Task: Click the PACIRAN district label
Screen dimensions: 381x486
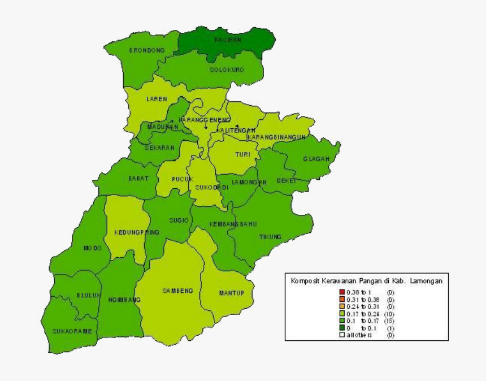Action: pos(228,41)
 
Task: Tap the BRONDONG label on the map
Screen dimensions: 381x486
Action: pos(147,50)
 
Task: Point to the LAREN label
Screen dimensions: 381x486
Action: pos(157,99)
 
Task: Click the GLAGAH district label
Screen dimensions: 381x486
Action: pos(316,159)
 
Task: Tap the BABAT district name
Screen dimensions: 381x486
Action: pos(138,178)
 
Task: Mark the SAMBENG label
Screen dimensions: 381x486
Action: pos(177,291)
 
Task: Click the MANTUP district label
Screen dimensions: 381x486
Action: pos(231,293)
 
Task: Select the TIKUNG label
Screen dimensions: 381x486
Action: pos(270,237)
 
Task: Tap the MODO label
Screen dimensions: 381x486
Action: pos(93,248)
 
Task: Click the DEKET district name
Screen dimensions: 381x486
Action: pos(287,181)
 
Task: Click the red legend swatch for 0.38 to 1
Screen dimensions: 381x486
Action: pos(342,292)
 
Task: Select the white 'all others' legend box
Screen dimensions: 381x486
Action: pos(342,335)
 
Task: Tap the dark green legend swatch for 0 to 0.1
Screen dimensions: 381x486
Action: pos(342,328)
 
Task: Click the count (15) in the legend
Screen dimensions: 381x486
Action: pos(389,321)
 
